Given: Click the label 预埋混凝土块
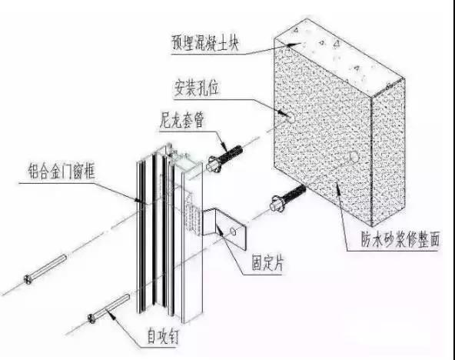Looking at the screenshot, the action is click(x=205, y=43).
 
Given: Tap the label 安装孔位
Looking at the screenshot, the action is click(x=196, y=88).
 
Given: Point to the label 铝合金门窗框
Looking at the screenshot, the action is click(x=62, y=171).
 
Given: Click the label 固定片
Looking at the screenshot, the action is click(x=267, y=263).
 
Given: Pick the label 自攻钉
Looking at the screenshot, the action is click(x=162, y=336).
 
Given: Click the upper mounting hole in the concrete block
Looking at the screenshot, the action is click(x=291, y=118).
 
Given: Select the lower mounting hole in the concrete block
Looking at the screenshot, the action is click(x=354, y=157).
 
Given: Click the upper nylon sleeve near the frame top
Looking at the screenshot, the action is click(x=224, y=158).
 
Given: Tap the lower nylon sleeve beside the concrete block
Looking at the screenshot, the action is click(x=288, y=198).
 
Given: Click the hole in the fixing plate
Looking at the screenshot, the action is click(x=233, y=231).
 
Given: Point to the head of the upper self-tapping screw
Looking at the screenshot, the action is click(x=28, y=279).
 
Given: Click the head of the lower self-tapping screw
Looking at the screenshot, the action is click(x=91, y=318).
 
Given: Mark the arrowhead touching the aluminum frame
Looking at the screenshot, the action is click(x=138, y=199).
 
